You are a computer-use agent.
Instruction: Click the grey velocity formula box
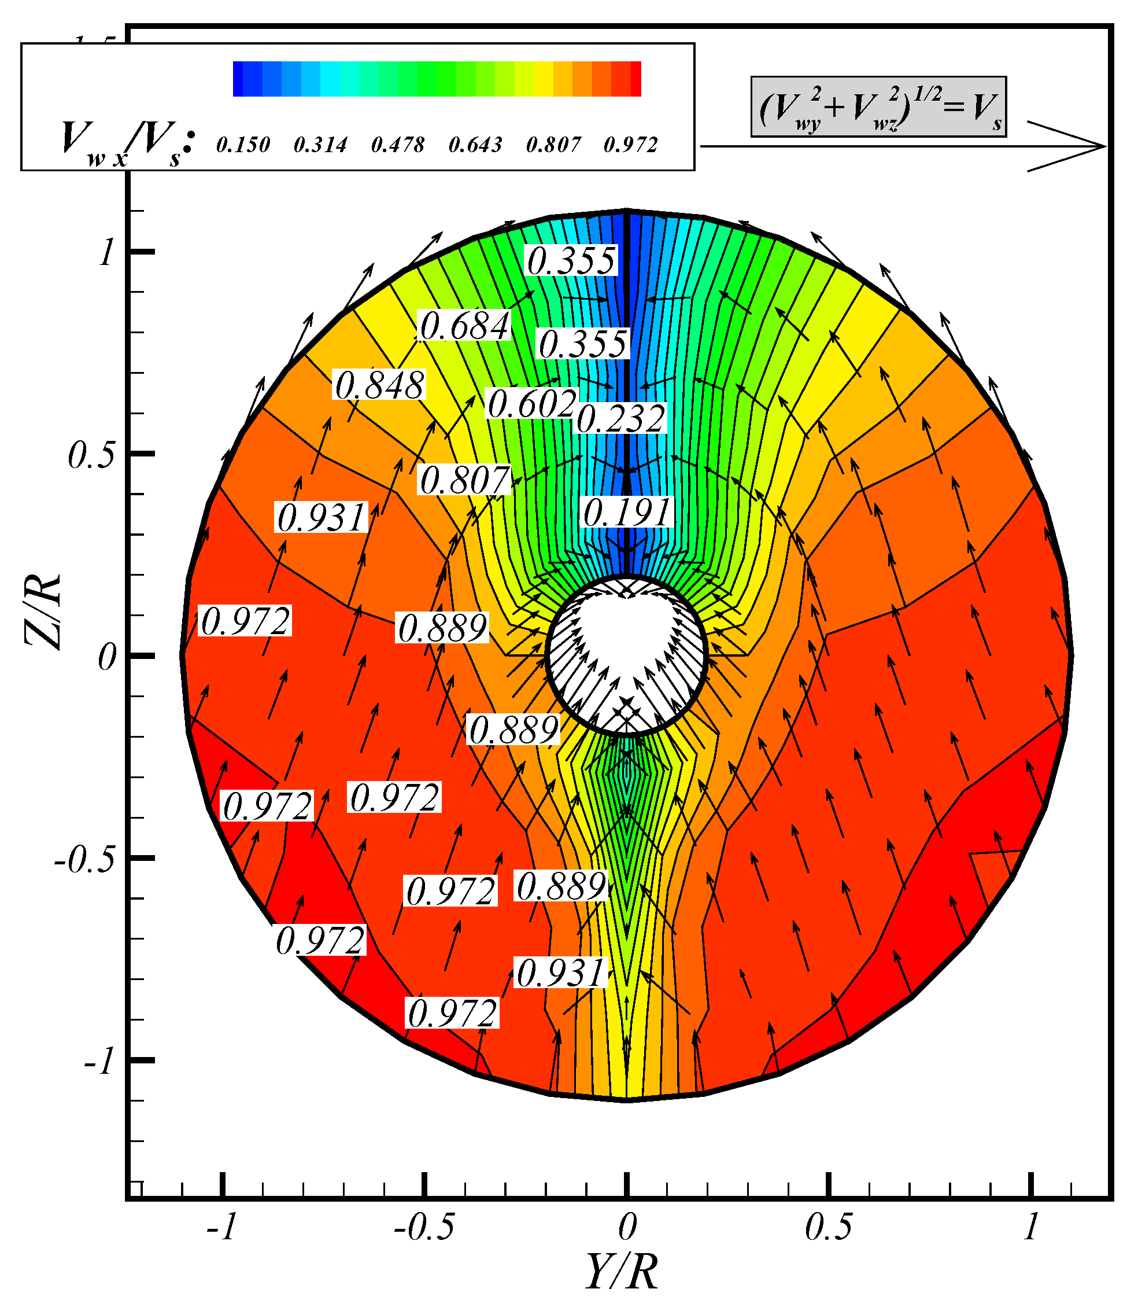[878, 107]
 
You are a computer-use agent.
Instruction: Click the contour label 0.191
[627, 513]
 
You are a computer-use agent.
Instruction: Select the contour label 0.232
[620, 419]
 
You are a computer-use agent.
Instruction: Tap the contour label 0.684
[465, 326]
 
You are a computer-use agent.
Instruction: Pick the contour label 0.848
[379, 385]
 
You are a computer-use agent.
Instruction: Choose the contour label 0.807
[465, 480]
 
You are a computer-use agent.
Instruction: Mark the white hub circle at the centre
[626, 656]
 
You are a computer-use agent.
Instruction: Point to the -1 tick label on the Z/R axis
[99, 1060]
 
